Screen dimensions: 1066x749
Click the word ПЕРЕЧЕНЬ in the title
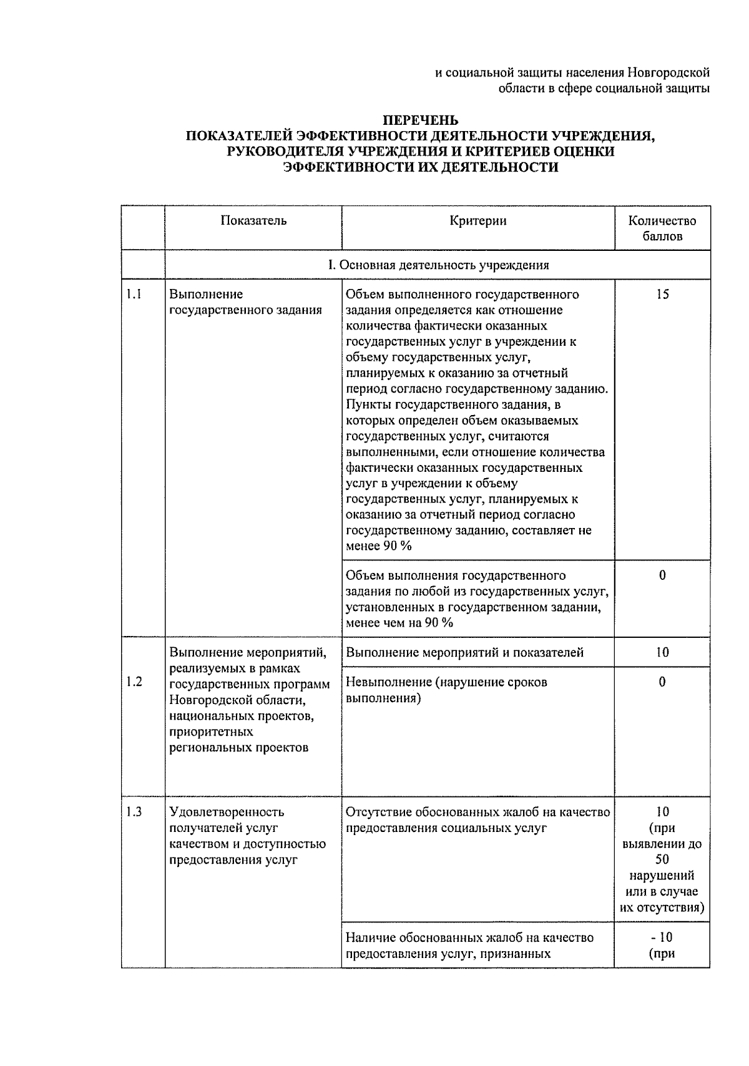pos(420,120)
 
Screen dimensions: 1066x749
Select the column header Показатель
pos(253,220)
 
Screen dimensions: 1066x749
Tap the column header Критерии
pos(477,220)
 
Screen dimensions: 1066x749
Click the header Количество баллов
pos(662,228)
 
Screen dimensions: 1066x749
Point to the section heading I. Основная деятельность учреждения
pos(438,265)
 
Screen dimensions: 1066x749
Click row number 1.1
pos(134,294)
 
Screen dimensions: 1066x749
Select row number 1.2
pos(134,682)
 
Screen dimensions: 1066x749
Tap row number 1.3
pos(134,811)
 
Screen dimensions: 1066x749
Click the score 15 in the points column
pos(662,294)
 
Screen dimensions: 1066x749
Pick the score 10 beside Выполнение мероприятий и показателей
pos(662,652)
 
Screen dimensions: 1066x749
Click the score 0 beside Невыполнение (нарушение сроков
pos(662,682)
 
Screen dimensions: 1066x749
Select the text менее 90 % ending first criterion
pos(379,546)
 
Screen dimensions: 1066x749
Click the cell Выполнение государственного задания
pos(245,302)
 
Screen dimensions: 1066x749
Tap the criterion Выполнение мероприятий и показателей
pos(464,652)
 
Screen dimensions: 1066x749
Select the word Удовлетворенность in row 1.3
pos(227,812)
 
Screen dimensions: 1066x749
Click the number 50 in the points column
pos(662,859)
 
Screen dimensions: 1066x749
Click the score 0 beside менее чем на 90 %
pos(662,575)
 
